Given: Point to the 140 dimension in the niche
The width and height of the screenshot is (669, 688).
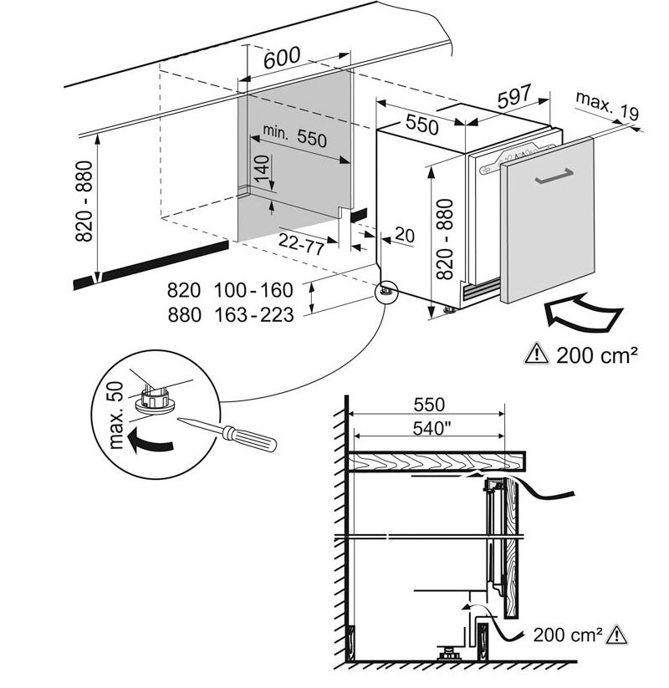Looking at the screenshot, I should click(x=262, y=172).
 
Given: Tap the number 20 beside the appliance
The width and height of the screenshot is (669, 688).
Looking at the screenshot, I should click(x=405, y=237).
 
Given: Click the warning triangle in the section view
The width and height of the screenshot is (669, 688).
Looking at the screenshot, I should click(x=618, y=634).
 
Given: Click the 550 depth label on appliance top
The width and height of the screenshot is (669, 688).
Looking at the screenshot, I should click(x=422, y=125).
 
